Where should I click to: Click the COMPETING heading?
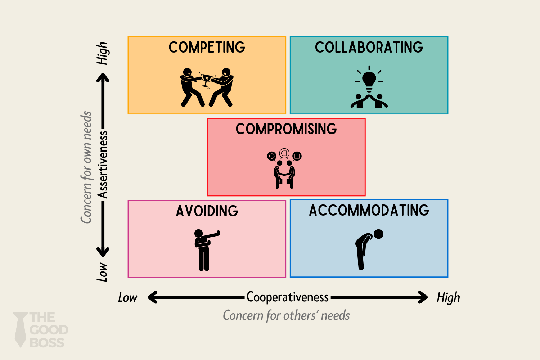point(207,48)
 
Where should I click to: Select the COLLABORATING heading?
point(369,48)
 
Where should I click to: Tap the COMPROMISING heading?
point(286,129)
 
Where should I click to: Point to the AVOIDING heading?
point(207,211)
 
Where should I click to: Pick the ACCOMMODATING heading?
point(369,211)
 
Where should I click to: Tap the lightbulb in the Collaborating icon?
point(369,79)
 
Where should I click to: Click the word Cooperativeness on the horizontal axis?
point(287,297)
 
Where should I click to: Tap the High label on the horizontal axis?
point(448,298)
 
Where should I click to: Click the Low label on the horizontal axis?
point(127,298)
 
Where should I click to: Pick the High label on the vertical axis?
point(103,53)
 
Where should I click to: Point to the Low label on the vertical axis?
point(103,272)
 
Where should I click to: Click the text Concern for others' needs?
point(286,315)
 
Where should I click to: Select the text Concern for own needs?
point(86,167)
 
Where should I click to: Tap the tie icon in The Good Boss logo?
point(21,329)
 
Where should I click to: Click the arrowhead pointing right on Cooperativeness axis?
point(423,297)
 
